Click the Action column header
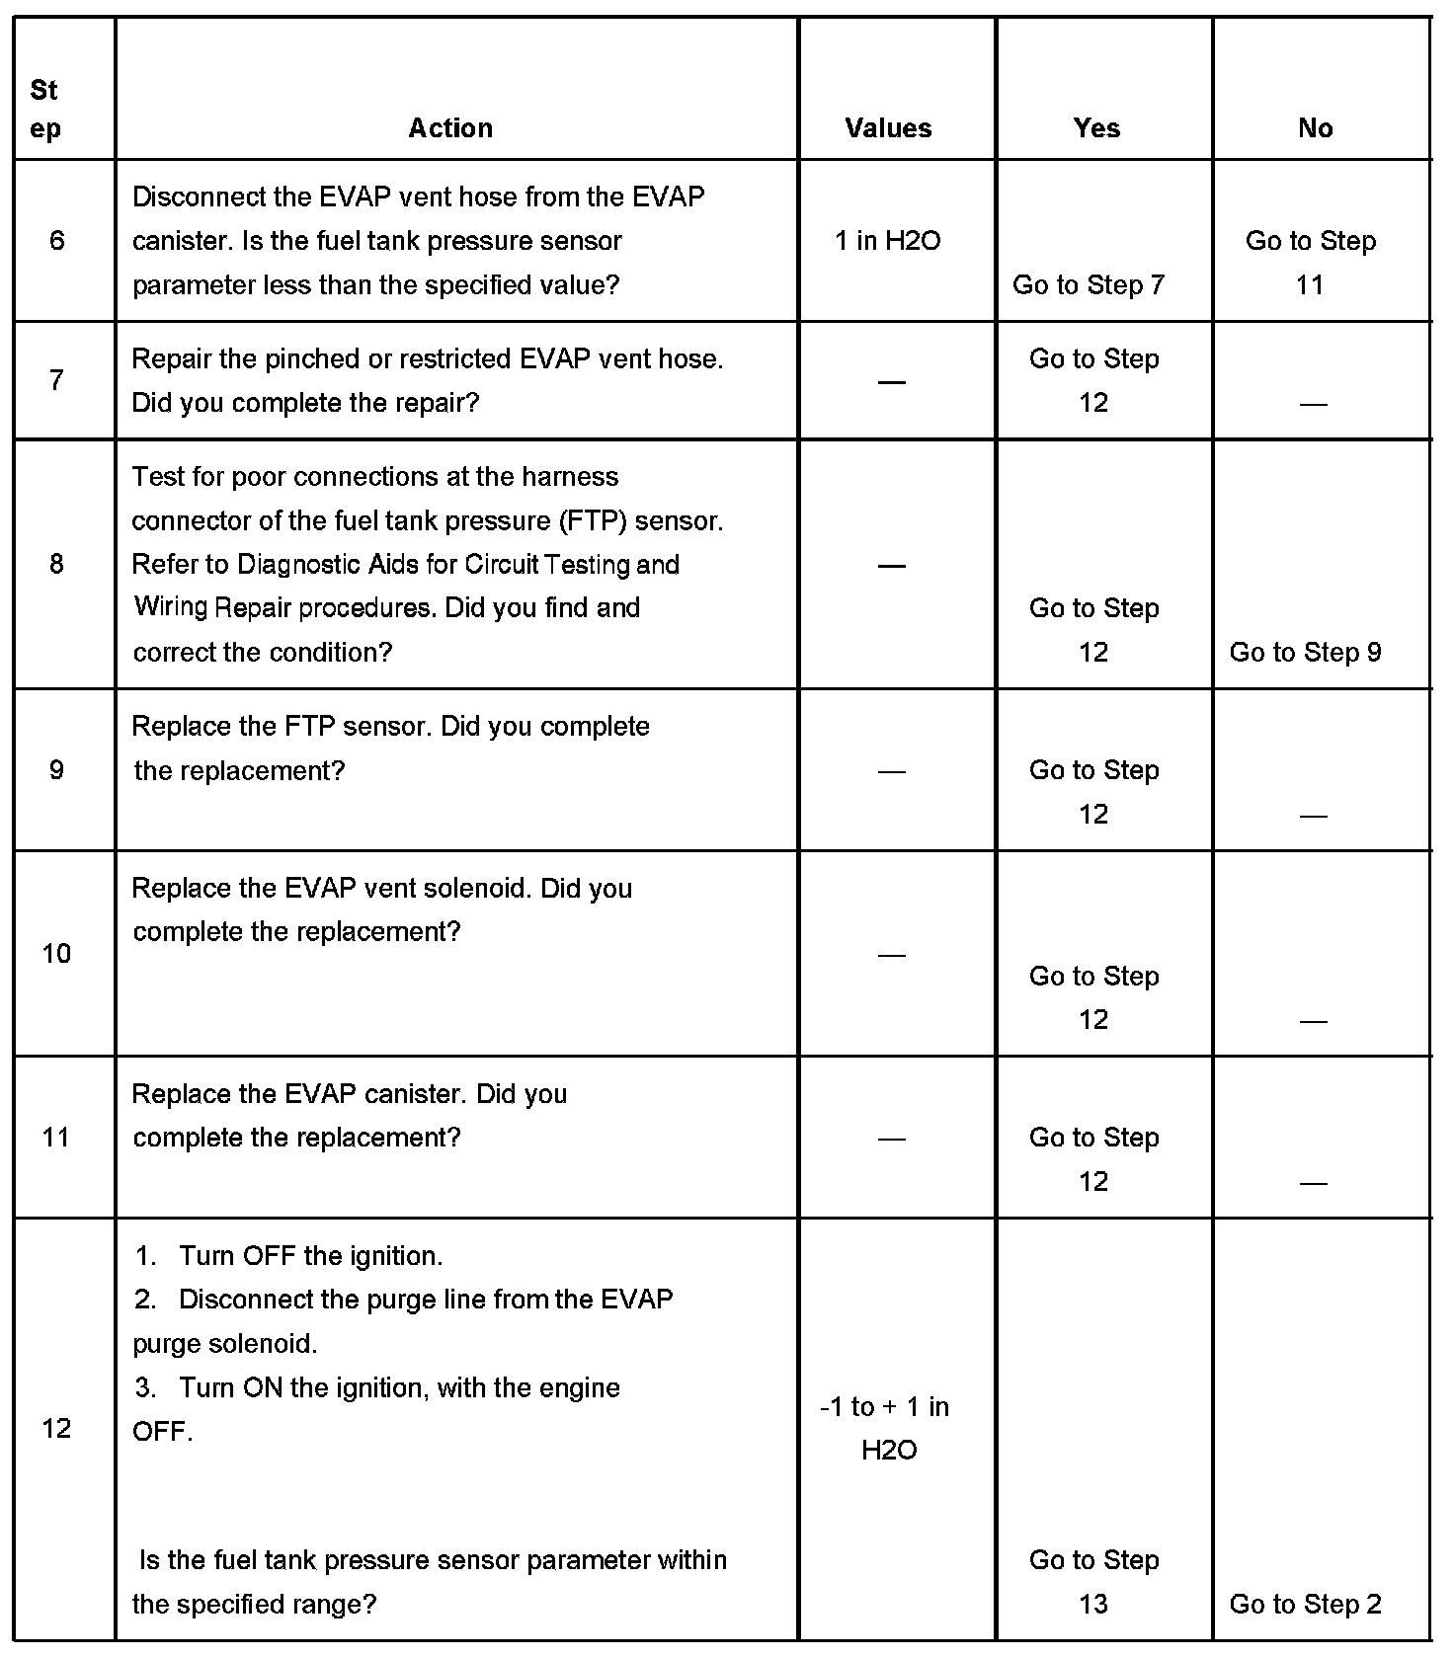point(450,128)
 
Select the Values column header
point(888,128)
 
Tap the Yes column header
point(1096,128)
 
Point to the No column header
point(1315,128)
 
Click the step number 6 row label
point(56,241)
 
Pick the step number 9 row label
point(56,769)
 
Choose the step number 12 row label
point(56,1428)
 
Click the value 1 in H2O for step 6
point(888,241)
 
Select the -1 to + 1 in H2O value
point(886,1428)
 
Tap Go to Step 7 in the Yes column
point(1089,285)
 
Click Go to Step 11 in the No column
point(1311,263)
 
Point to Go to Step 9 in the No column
point(1305,652)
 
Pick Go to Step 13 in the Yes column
point(1093,1582)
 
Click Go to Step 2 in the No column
point(1305,1604)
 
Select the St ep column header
point(44,109)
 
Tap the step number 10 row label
point(56,954)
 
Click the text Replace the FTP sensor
point(282,727)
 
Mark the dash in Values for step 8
point(891,566)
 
